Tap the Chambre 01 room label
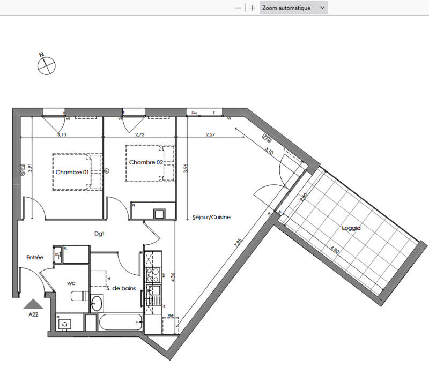pyautogui.click(x=72, y=172)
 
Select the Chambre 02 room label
pyautogui.click(x=145, y=162)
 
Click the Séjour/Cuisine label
pyautogui.click(x=211, y=218)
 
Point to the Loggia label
pyautogui.click(x=351, y=228)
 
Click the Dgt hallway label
pyautogui.click(x=99, y=234)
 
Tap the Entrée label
pyautogui.click(x=35, y=257)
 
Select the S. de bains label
pyautogui.click(x=121, y=288)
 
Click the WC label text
pyautogui.click(x=71, y=282)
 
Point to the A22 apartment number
pyautogui.click(x=34, y=315)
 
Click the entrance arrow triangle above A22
pyautogui.click(x=34, y=304)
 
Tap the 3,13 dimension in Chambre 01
pyautogui.click(x=62, y=134)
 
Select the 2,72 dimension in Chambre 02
pyautogui.click(x=140, y=134)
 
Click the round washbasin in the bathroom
pyautogui.click(x=97, y=303)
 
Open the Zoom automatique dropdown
pyautogui.click(x=293, y=8)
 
